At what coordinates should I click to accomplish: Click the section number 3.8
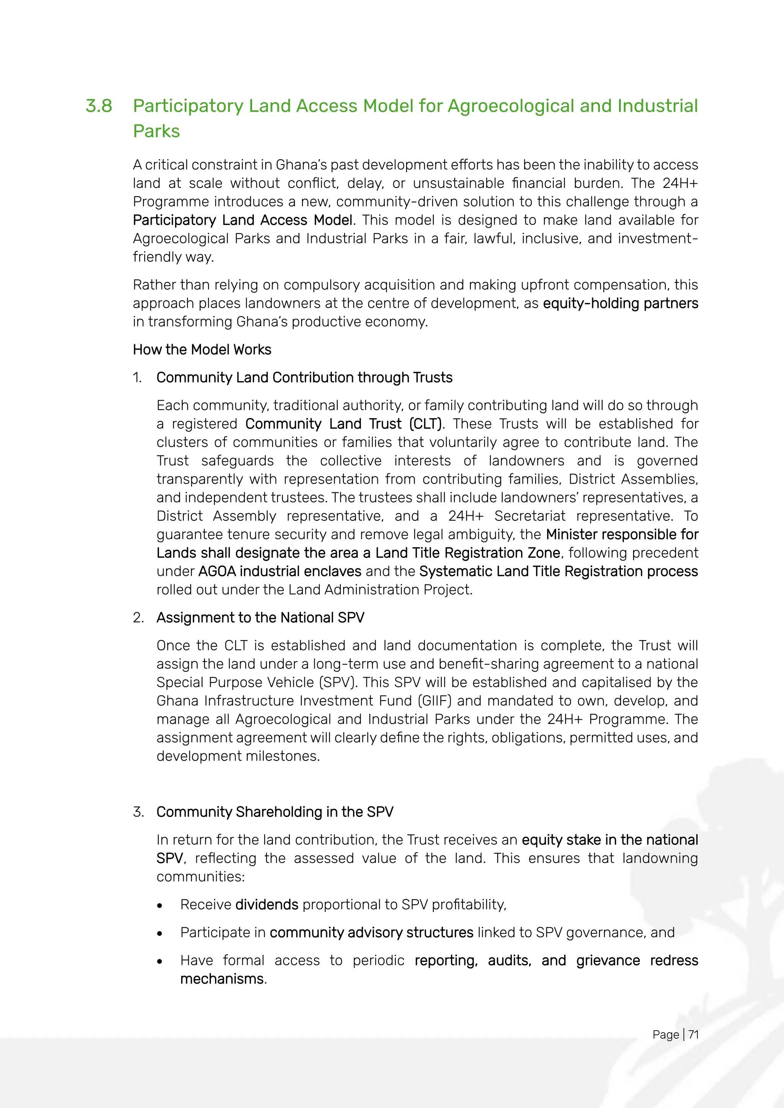point(99,106)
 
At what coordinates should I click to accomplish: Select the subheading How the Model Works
point(202,349)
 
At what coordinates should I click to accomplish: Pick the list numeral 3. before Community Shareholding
point(138,812)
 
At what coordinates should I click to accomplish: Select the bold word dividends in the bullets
point(267,904)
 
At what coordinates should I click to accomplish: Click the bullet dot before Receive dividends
point(160,906)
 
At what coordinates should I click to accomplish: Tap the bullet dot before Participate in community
point(160,934)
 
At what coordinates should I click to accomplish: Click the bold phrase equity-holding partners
point(620,303)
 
